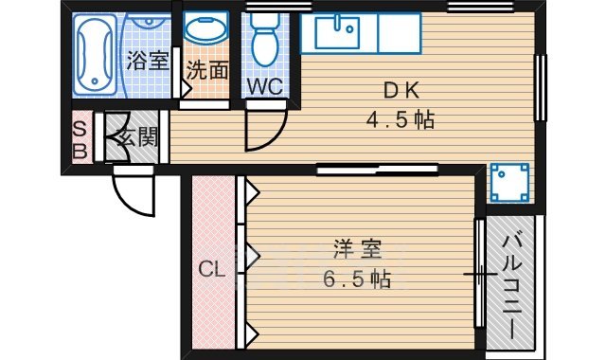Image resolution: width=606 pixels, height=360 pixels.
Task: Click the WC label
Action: coord(265,86)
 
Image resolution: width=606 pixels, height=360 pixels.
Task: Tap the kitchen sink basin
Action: coord(336,34)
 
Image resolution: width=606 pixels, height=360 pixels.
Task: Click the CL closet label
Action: coord(212,270)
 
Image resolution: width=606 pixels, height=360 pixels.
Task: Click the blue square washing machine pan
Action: coord(509,182)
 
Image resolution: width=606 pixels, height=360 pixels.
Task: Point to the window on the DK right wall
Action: coord(542,87)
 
